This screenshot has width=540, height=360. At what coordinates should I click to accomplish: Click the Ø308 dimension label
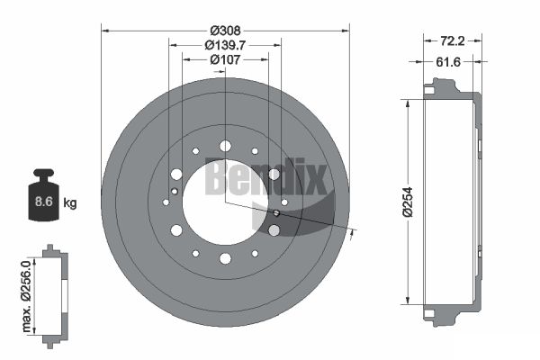tap(225, 31)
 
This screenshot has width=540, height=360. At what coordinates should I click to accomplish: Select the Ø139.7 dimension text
tap(225, 45)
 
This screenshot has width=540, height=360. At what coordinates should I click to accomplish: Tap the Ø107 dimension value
tap(225, 60)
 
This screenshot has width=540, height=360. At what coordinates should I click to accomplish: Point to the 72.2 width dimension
tap(452, 41)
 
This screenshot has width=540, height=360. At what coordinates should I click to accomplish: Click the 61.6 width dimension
tap(448, 62)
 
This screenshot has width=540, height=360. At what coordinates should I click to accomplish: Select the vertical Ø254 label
tap(408, 202)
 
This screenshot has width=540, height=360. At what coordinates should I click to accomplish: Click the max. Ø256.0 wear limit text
tap(26, 297)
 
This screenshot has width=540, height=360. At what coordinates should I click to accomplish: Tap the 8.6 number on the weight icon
tap(44, 202)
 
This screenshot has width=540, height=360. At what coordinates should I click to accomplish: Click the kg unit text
tap(70, 203)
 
